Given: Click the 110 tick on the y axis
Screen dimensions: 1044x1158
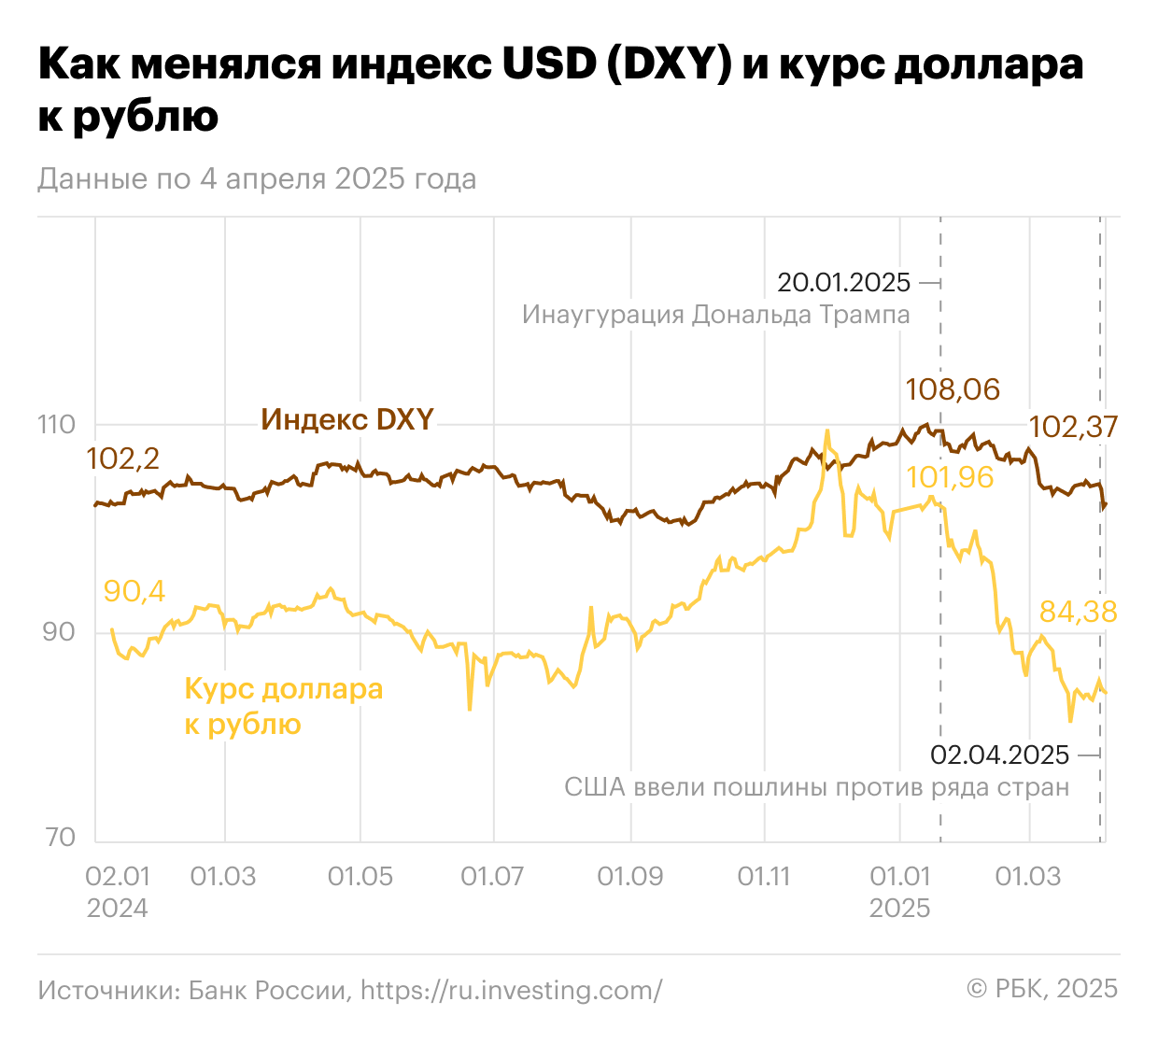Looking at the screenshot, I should (x=56, y=425).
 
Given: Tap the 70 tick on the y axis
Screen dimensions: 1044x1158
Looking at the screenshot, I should (x=59, y=837).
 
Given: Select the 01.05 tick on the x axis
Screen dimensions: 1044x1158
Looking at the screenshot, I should (x=360, y=877).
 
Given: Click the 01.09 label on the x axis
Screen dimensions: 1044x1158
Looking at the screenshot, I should (x=629, y=877).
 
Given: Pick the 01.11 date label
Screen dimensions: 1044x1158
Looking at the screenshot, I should (x=764, y=877).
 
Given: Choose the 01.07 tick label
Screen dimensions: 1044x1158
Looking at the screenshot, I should (x=492, y=877).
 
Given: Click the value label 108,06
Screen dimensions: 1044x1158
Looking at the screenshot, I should (x=953, y=389).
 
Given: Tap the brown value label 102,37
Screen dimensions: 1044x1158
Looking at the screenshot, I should (x=1073, y=427).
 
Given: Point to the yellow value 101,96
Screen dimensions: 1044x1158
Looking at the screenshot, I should (x=950, y=477).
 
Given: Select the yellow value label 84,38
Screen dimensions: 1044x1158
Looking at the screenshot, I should (x=1079, y=612).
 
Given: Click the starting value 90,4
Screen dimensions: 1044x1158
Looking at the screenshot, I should (x=134, y=591).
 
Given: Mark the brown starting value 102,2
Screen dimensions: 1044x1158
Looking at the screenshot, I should (x=122, y=459).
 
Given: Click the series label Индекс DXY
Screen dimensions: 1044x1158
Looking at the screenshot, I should (x=347, y=419).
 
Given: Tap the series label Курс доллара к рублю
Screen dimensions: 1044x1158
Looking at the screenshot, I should (x=283, y=707).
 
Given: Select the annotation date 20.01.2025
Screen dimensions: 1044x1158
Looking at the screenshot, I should (x=843, y=282).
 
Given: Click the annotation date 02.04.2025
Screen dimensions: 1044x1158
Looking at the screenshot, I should (x=1000, y=755).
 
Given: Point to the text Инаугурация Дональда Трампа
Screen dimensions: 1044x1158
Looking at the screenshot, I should (x=715, y=314).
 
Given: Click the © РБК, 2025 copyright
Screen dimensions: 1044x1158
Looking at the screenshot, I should (x=1042, y=989).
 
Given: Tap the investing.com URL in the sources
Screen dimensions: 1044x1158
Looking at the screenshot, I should (x=511, y=990).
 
